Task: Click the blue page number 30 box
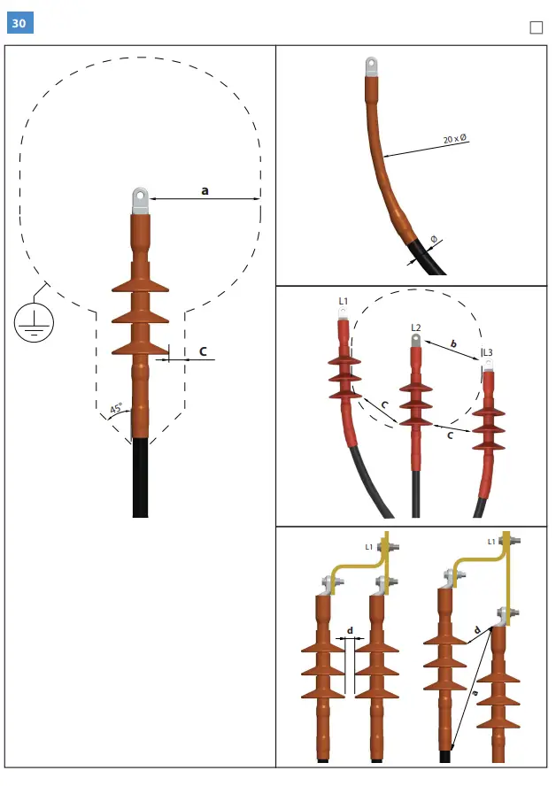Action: [19, 23]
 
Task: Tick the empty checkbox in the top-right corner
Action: [536, 27]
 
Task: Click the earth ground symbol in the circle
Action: [34, 322]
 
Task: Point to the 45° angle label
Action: [116, 409]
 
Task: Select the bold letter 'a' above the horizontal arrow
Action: [205, 189]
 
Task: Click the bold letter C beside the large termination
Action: [203, 351]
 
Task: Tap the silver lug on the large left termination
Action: [140, 200]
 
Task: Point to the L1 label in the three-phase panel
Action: [344, 301]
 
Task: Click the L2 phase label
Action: [415, 327]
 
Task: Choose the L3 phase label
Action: [487, 352]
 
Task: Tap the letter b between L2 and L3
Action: [453, 343]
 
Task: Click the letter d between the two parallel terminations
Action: [351, 631]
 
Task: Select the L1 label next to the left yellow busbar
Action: [369, 546]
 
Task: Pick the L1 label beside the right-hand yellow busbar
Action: [491, 541]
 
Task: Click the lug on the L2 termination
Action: [414, 341]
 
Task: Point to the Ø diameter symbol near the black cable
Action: [434, 240]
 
